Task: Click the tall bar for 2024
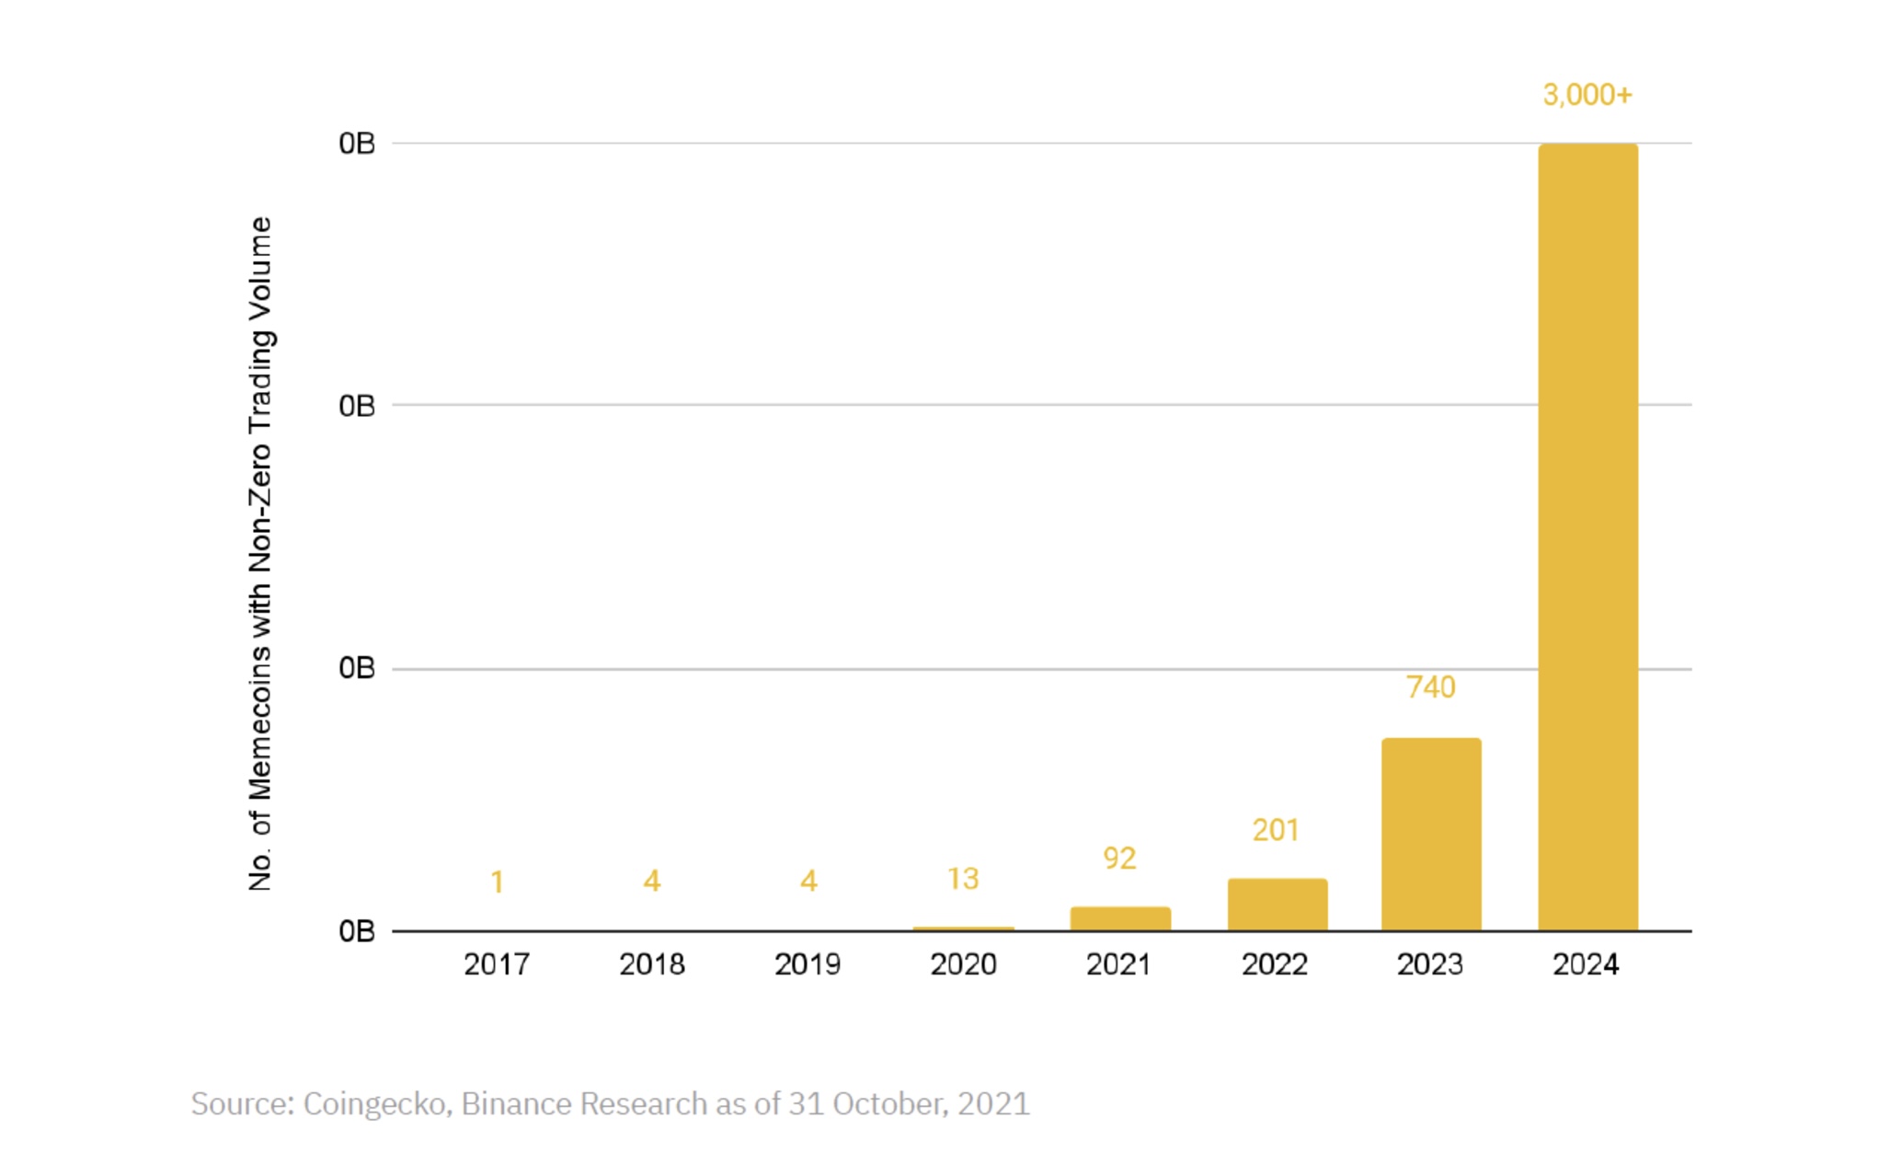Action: pyautogui.click(x=1587, y=536)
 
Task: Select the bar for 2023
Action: pyautogui.click(x=1431, y=834)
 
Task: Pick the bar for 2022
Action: pyautogui.click(x=1277, y=905)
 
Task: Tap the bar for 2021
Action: pyautogui.click(x=1120, y=918)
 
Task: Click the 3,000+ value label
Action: pyautogui.click(x=1587, y=95)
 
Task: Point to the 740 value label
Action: pyautogui.click(x=1431, y=687)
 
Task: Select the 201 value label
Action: pyautogui.click(x=1276, y=830)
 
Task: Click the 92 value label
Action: pyautogui.click(x=1119, y=859)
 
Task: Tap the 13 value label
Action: pyautogui.click(x=963, y=879)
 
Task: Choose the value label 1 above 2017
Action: pyautogui.click(x=497, y=882)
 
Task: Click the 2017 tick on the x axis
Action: pyautogui.click(x=497, y=964)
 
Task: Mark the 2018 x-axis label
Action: pyautogui.click(x=652, y=964)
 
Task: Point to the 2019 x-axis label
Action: pyautogui.click(x=808, y=964)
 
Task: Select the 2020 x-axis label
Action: pyautogui.click(x=963, y=964)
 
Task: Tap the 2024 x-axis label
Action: pyautogui.click(x=1586, y=964)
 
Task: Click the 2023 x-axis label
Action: pyautogui.click(x=1430, y=964)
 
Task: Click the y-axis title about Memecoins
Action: pyautogui.click(x=260, y=554)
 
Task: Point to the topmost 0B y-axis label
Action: pyautogui.click(x=357, y=144)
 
